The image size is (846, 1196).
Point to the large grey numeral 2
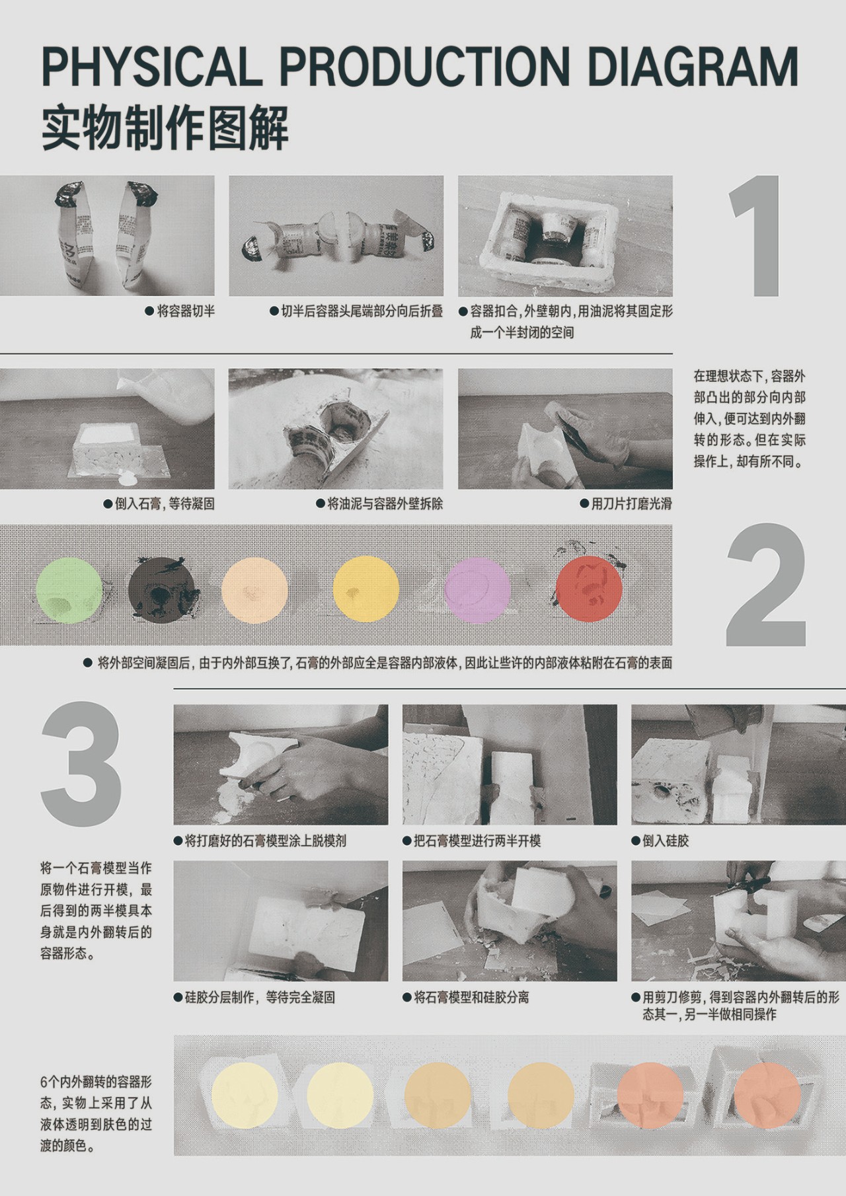point(766,585)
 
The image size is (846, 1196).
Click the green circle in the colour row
point(70,589)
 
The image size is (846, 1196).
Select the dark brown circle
point(162,589)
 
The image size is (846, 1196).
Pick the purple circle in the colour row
point(479,589)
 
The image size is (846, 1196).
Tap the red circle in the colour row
point(590,589)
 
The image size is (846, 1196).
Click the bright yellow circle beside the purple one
point(367,589)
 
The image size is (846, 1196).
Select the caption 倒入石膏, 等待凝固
point(160,504)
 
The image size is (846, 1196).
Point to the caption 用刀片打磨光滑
point(626,504)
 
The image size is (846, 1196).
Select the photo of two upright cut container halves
point(107,236)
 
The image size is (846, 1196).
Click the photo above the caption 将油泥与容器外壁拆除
point(336,429)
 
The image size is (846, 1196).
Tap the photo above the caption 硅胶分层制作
point(281,920)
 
